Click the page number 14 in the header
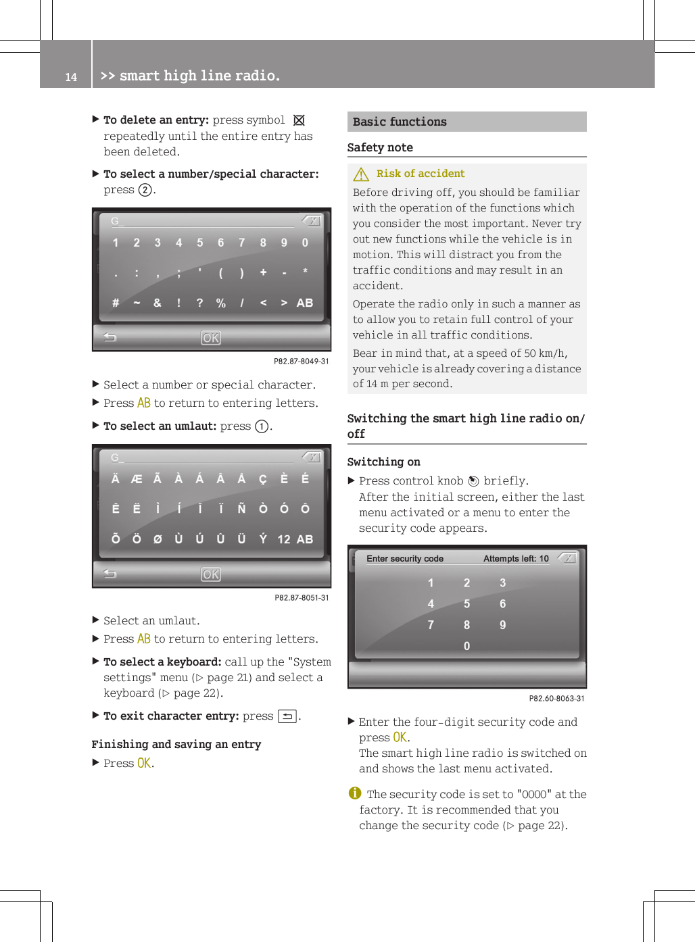(x=71, y=77)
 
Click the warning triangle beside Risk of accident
(x=361, y=174)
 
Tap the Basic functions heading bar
(x=466, y=122)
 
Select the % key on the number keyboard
(x=220, y=303)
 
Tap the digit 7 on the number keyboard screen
(x=241, y=243)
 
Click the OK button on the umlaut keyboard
(x=211, y=574)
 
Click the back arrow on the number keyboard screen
(x=110, y=337)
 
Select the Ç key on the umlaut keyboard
(x=262, y=479)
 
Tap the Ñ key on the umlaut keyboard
(x=241, y=509)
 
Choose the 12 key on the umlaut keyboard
(x=284, y=539)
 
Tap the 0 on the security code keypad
(x=466, y=646)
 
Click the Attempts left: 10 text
(x=516, y=559)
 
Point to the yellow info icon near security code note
(x=355, y=793)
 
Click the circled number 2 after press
(x=145, y=190)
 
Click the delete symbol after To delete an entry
(x=299, y=120)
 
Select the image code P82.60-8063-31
(x=556, y=698)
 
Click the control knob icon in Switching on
(x=473, y=481)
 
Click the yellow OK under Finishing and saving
(x=144, y=763)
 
